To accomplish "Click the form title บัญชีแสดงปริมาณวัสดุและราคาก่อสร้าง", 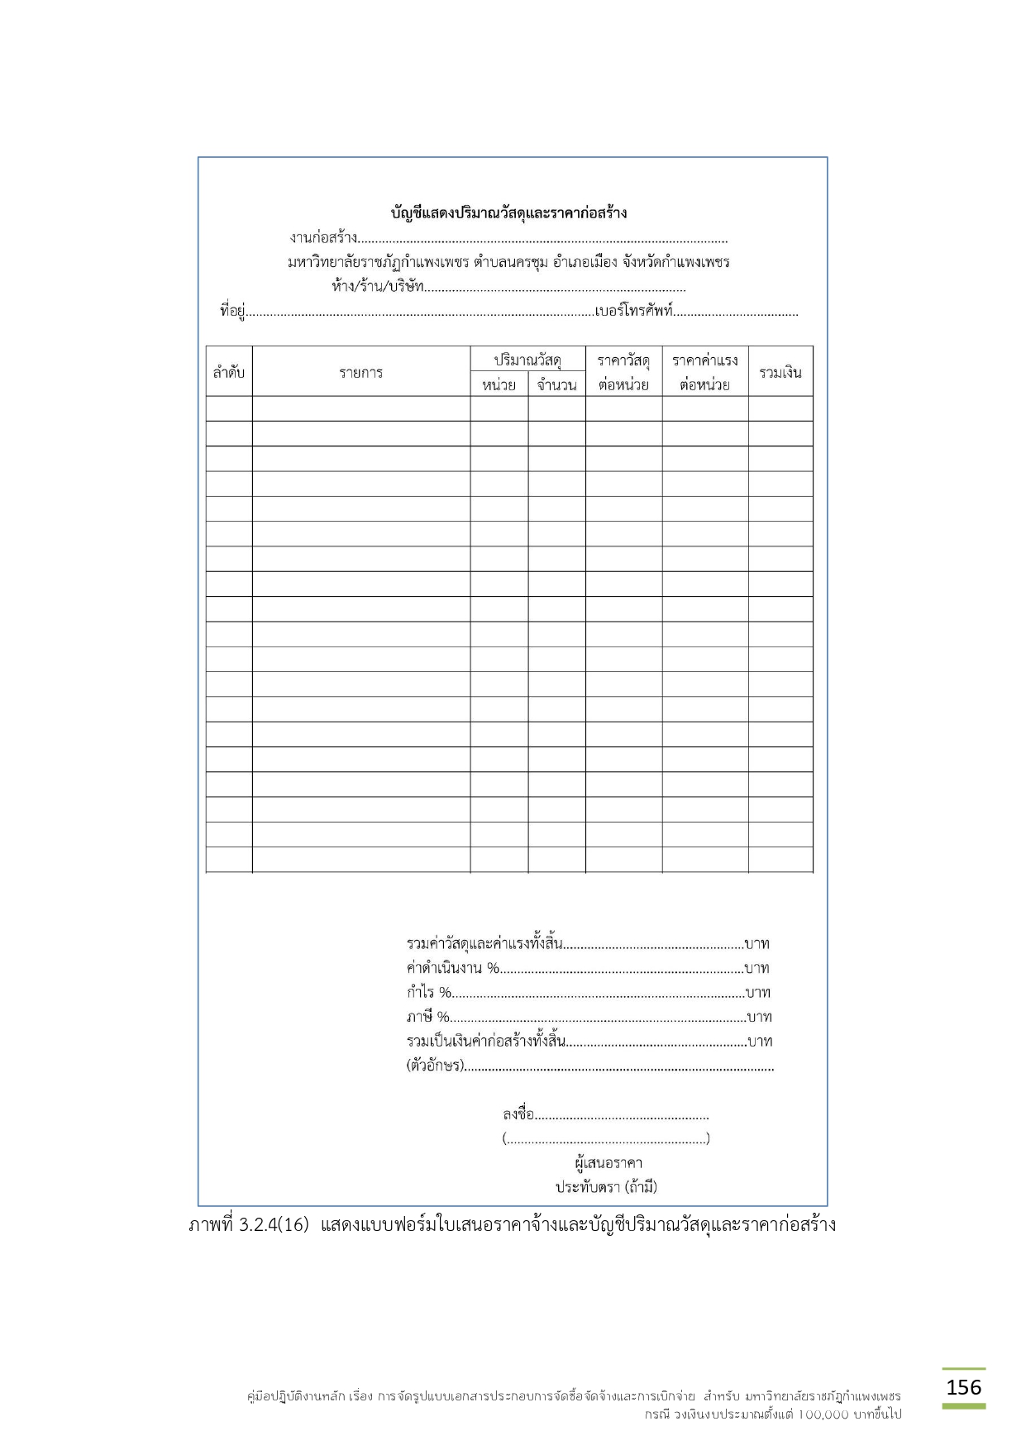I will [508, 212].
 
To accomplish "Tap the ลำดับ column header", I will [229, 372].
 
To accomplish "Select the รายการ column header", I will [361, 372].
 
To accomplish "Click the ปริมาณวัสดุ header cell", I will [527, 360].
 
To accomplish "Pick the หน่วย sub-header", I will [499, 384].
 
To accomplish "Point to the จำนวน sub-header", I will [556, 384].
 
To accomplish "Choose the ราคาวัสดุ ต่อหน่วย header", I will [623, 372].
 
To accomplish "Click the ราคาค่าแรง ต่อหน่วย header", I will [704, 372].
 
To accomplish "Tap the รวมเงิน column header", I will [780, 372].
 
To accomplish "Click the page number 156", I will [963, 1386].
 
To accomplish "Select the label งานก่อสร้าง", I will [323, 238].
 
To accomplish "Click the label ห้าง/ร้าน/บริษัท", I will [377, 287].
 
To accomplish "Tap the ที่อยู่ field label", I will [232, 312].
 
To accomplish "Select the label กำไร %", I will [428, 992].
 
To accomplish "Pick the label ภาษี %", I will [427, 1017].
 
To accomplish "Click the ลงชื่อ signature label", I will [518, 1114].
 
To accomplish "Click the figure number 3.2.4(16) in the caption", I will [274, 1225].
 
